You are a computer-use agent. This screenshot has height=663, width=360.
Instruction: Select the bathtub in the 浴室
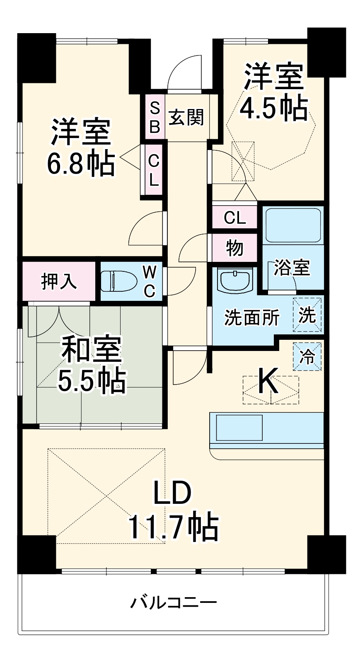click(293, 225)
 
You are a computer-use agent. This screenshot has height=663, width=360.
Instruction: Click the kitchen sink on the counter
click(239, 428)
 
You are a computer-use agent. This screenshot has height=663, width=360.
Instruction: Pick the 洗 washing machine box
click(307, 315)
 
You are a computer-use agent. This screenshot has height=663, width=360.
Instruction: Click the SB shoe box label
click(155, 117)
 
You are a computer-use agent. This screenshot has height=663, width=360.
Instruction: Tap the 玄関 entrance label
click(186, 117)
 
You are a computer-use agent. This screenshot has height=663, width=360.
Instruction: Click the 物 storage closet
click(234, 248)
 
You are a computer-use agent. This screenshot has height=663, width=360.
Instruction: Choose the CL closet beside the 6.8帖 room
click(154, 170)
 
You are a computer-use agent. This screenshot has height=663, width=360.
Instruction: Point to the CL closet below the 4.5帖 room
click(234, 217)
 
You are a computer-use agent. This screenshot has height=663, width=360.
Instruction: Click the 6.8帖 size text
click(80, 164)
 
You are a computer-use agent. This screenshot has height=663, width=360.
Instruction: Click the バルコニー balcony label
click(174, 602)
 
